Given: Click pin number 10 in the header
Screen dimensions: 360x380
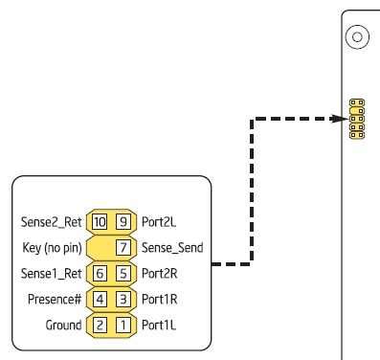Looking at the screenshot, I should pos(101,221).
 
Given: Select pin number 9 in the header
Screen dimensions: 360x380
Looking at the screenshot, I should pos(123,221).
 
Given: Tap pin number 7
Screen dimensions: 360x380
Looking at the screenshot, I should pos(123,247).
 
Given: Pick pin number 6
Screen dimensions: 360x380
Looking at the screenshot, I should pos(101,273).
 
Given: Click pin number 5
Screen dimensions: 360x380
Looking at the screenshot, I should pos(123,273).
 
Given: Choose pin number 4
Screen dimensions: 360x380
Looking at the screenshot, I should pos(101,299).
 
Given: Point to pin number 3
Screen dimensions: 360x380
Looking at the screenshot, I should pos(123,299).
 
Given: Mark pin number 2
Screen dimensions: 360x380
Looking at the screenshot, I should pos(101,325).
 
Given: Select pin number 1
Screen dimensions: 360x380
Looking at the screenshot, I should pos(123,325).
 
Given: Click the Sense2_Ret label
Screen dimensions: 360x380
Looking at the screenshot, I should pos(51,221).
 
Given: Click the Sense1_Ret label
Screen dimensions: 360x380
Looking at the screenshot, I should pos(51,273).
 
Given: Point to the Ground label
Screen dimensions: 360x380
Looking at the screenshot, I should pos(63,325).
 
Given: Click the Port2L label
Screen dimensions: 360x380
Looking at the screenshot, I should pos(159,221).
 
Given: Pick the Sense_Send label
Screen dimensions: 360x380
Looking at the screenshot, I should pos(171,247).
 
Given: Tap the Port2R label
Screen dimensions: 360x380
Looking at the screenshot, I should pos(160,273).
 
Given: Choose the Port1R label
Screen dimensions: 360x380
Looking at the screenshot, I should pos(160,299).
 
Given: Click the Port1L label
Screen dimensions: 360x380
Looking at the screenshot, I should pos(159,325).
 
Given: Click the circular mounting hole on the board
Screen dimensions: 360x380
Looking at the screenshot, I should pos(357,37).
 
